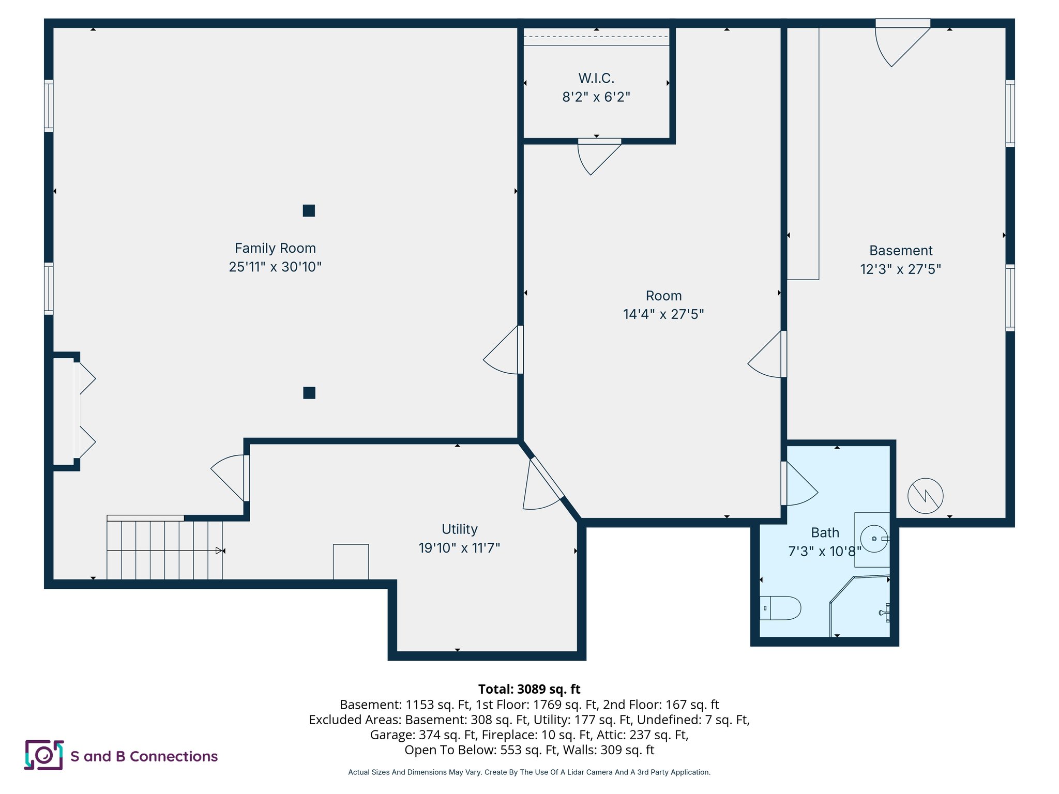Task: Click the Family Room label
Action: [x=275, y=248]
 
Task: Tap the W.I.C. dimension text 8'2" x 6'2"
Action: [x=596, y=97]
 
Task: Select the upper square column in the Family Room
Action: [x=309, y=210]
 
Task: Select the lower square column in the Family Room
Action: [x=309, y=393]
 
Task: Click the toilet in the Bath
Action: [x=781, y=608]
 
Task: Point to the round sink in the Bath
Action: [x=874, y=539]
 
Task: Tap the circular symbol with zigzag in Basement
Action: [x=925, y=496]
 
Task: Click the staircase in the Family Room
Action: [x=164, y=550]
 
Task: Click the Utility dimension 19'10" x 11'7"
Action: [x=459, y=548]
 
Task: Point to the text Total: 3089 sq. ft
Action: [x=529, y=689]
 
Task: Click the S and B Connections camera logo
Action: [x=44, y=755]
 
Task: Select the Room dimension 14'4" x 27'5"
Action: [x=663, y=314]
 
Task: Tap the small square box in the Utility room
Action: [x=351, y=561]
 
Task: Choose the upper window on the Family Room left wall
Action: [x=49, y=105]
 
